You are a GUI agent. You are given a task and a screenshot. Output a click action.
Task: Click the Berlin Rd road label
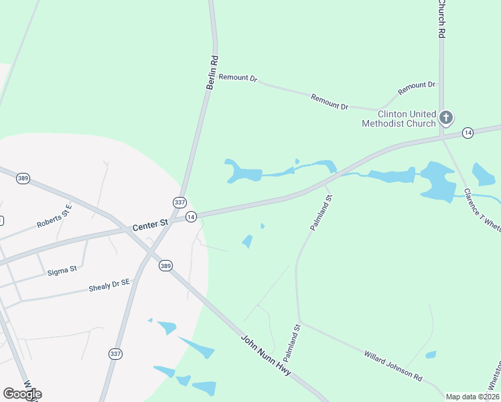[x=212, y=73]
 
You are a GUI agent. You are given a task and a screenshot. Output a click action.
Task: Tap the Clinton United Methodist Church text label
[x=399, y=119]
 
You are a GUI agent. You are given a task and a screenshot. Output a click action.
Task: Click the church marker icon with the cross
[x=446, y=118]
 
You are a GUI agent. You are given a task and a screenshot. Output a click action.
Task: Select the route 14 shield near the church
[x=468, y=133]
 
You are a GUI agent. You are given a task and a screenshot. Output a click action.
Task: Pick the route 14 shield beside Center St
[x=191, y=216]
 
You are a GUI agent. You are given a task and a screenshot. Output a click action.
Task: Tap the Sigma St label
[x=62, y=270]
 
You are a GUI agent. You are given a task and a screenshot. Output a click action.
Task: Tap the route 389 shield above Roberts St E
[x=23, y=178]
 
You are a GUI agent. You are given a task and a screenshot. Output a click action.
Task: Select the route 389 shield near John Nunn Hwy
[x=166, y=266]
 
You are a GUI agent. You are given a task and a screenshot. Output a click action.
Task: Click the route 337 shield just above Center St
[x=179, y=202]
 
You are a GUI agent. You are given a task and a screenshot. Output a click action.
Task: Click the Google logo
[x=22, y=393]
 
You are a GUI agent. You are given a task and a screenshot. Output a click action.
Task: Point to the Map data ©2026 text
[x=472, y=397]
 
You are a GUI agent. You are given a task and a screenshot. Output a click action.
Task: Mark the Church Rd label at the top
[x=441, y=19]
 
